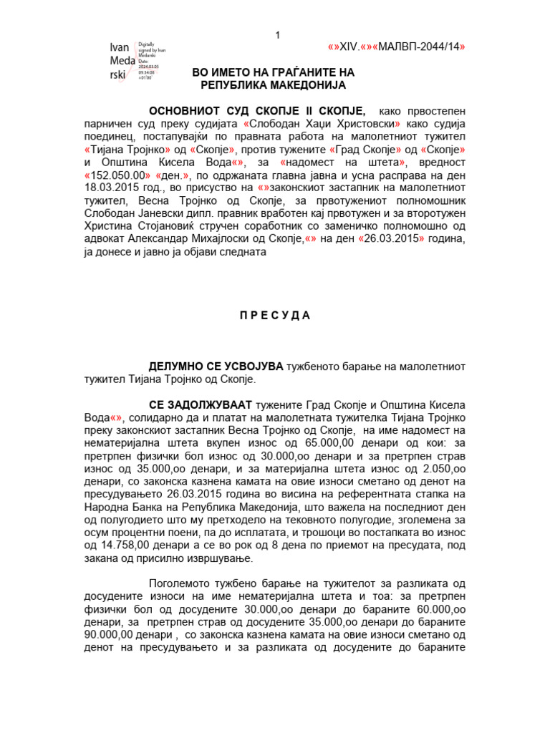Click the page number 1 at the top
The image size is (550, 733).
278,37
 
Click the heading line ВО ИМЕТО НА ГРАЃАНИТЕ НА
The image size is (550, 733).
273,73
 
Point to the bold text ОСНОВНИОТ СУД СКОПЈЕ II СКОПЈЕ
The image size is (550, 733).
256,111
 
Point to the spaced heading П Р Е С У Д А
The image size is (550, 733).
275,316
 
